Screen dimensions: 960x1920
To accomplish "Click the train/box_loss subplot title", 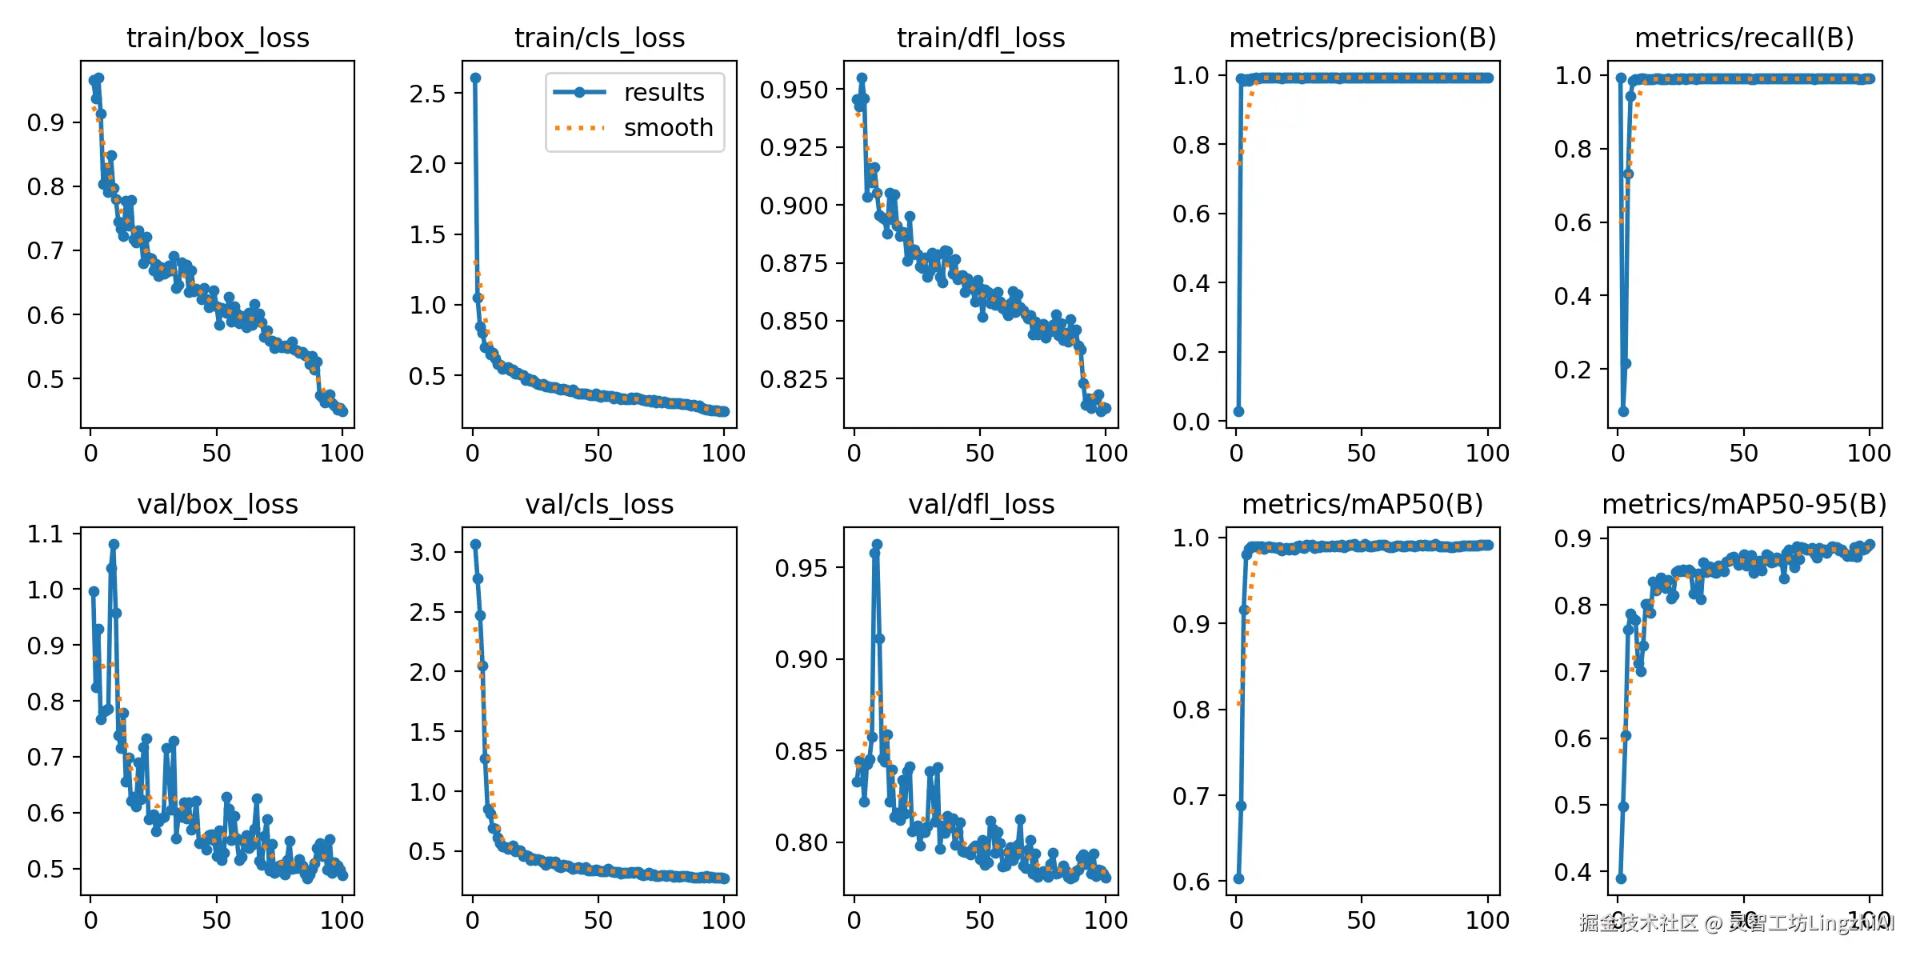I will (218, 38).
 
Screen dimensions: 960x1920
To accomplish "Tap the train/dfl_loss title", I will (981, 38).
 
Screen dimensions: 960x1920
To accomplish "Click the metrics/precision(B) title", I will (1362, 38).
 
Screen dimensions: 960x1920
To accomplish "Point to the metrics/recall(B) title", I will (1744, 38).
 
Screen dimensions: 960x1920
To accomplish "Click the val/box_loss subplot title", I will (218, 504).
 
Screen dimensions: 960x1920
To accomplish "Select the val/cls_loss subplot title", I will (599, 504).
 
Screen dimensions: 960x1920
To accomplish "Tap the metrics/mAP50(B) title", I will (1362, 504).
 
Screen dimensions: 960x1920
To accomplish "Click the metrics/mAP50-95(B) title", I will (1744, 504).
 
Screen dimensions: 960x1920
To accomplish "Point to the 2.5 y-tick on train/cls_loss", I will (427, 94).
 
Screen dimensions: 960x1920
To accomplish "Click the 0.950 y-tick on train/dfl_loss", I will (794, 90).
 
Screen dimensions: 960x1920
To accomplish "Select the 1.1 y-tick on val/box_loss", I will (46, 534).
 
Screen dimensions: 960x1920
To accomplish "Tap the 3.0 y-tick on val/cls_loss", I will (427, 552).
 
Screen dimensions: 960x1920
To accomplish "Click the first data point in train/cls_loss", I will (475, 78).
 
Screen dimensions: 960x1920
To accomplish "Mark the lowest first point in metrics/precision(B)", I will (1238, 411).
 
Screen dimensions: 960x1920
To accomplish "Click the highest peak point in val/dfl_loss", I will (877, 544).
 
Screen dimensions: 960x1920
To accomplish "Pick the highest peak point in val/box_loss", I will (114, 544).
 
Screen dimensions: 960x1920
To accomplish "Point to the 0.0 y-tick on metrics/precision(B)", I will (1191, 422).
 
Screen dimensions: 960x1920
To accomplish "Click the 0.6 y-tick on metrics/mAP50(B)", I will (1191, 882).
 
